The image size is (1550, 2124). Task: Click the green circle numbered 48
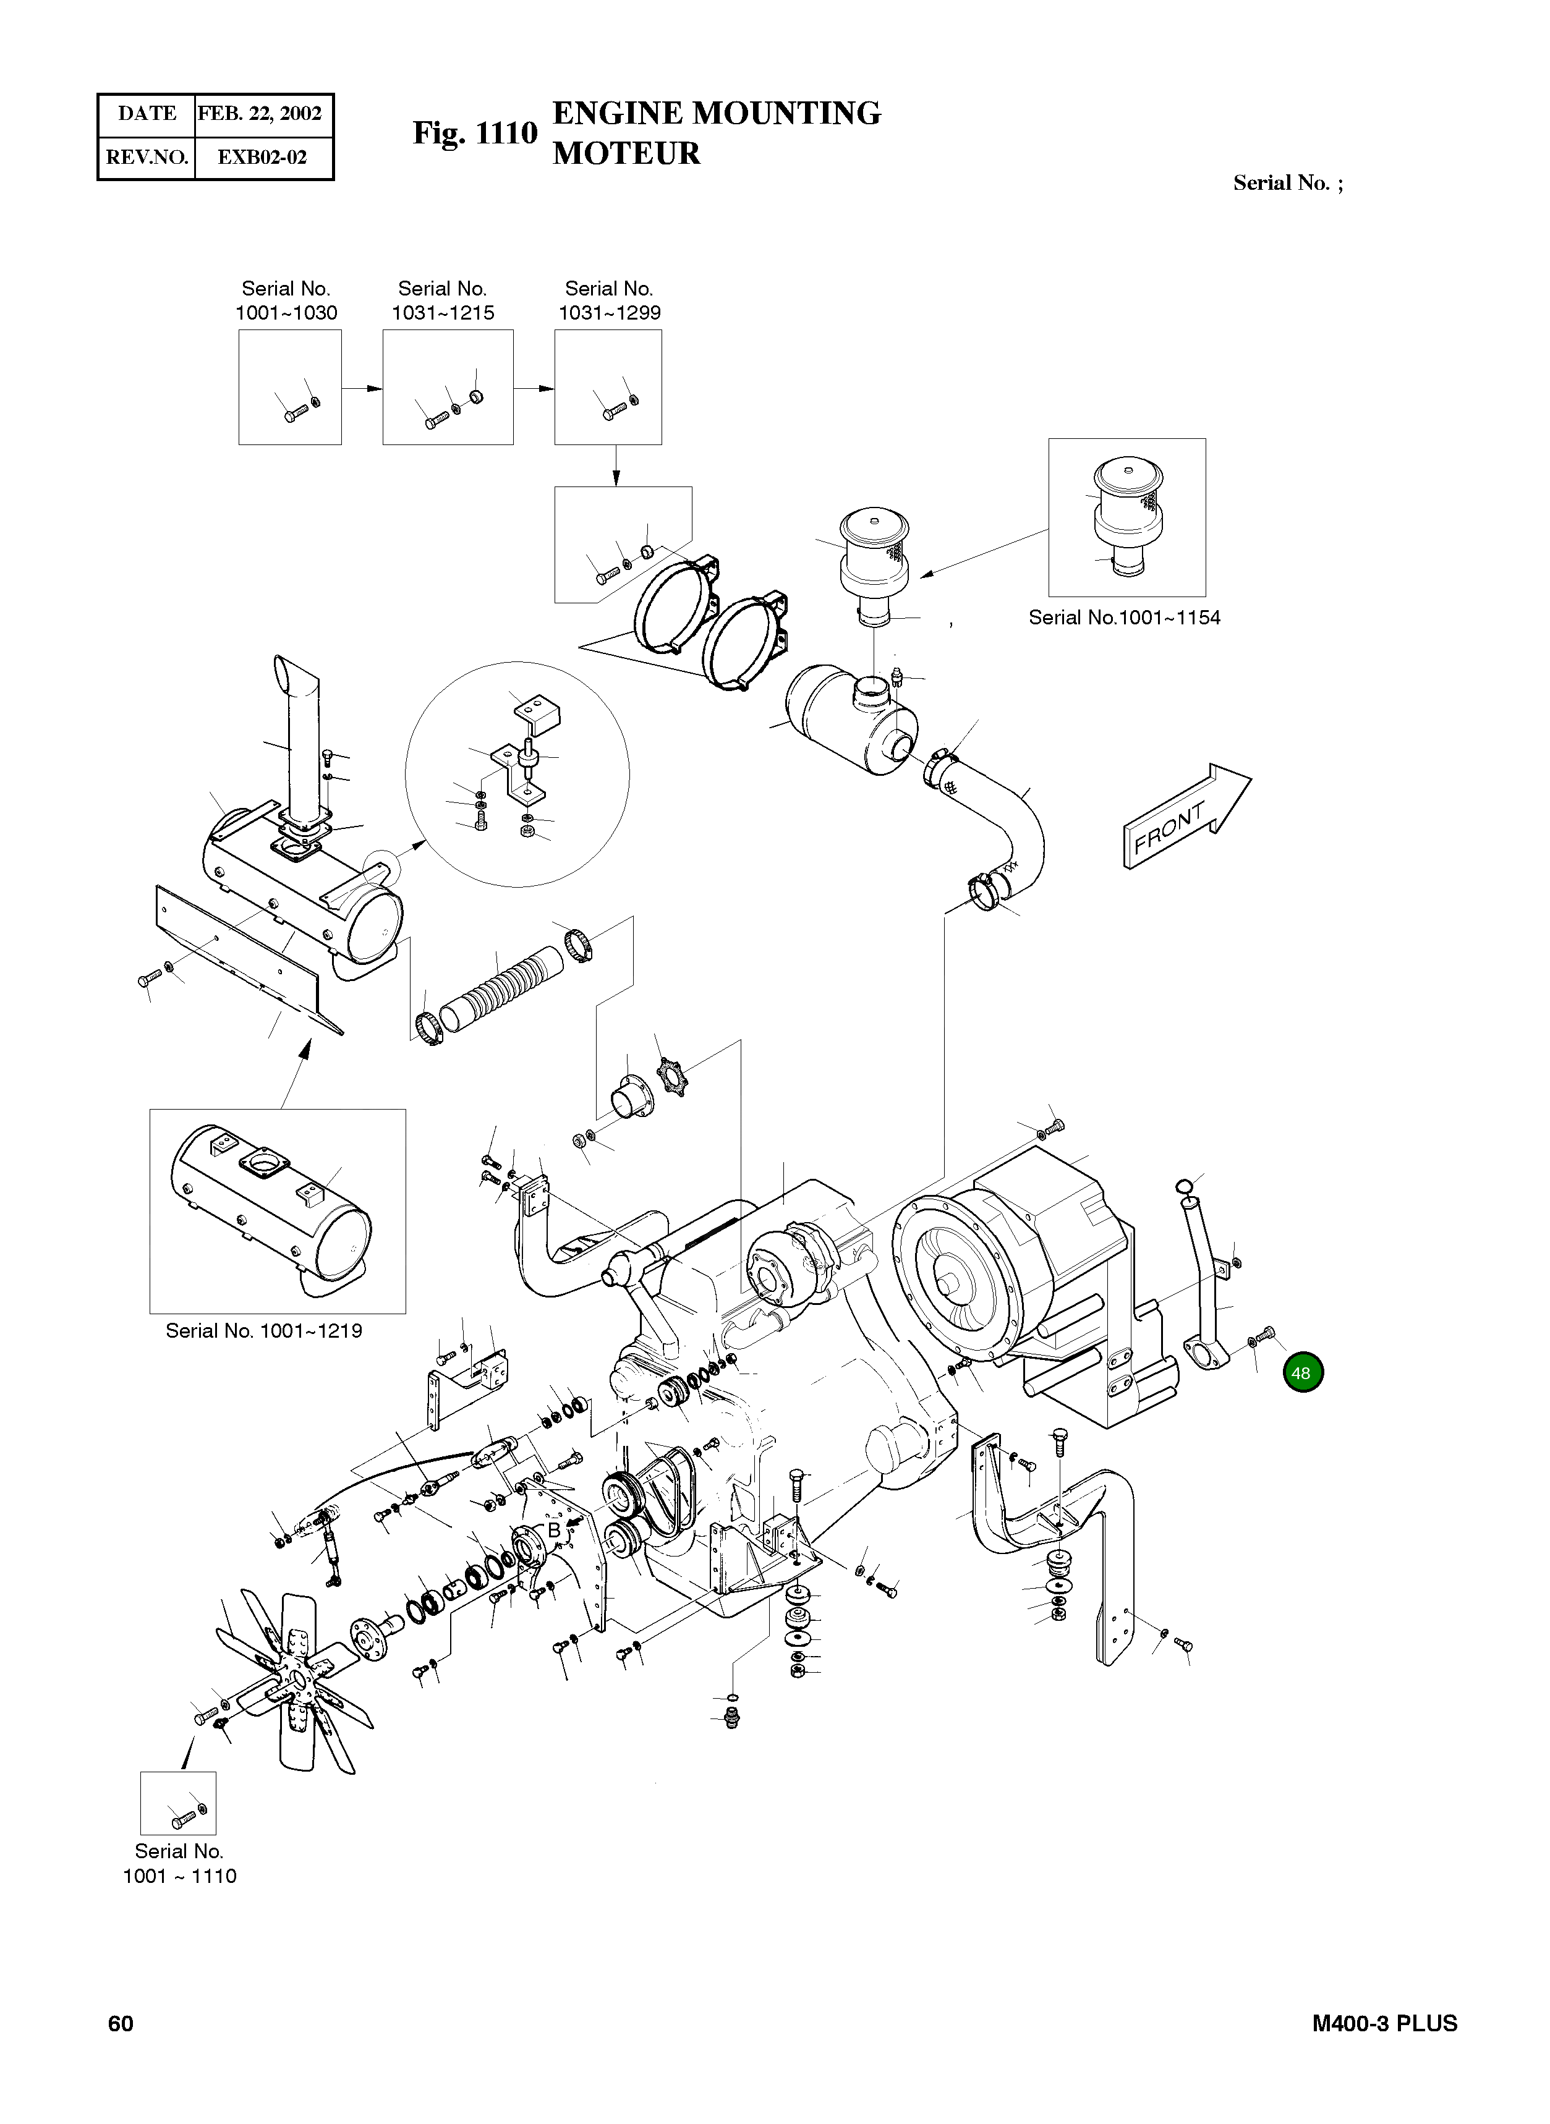click(x=1301, y=1372)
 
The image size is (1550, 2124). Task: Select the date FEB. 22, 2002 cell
click(x=260, y=114)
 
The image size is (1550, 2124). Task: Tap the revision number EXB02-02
click(x=262, y=156)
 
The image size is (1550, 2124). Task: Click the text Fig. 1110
click(x=475, y=134)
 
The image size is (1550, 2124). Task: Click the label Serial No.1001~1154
click(x=1124, y=618)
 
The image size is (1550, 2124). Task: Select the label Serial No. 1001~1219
click(x=263, y=1330)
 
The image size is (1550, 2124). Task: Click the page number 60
click(x=121, y=2024)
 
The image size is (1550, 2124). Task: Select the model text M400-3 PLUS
click(x=1384, y=2024)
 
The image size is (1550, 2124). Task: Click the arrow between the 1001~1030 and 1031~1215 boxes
click(x=362, y=388)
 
